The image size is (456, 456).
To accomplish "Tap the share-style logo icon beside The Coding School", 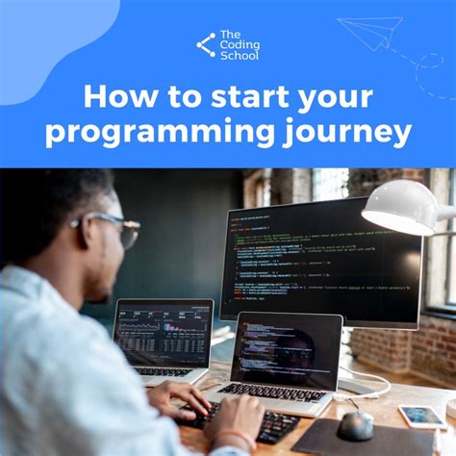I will tap(206, 44).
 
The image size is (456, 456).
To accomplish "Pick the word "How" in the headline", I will tap(113, 98).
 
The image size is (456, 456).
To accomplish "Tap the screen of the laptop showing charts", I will tap(163, 333).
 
